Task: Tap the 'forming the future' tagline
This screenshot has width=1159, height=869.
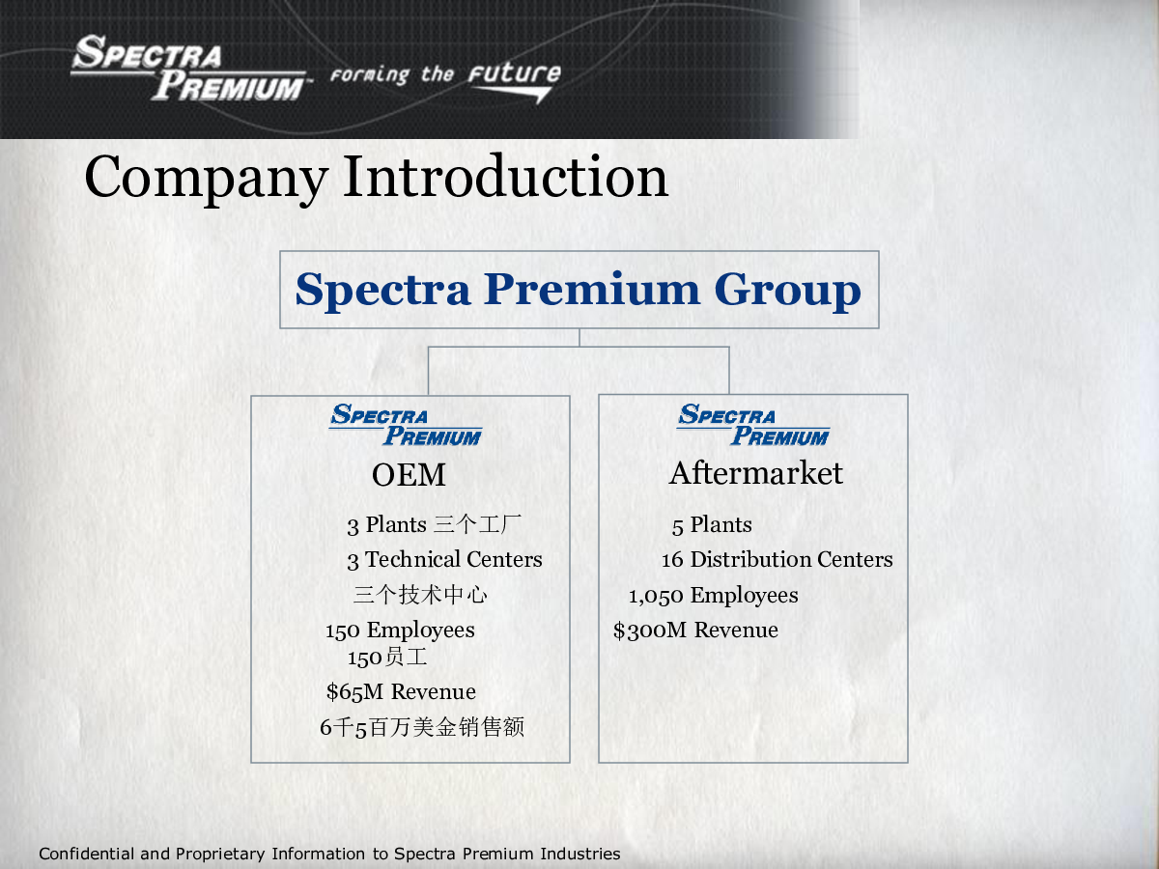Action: [x=445, y=80]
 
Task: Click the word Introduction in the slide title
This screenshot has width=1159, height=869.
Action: [x=506, y=178]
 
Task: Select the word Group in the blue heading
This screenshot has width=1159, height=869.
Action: [x=787, y=292]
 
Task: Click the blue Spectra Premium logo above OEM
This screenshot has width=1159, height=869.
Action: [x=406, y=425]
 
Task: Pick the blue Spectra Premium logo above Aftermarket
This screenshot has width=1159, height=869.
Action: [x=753, y=425]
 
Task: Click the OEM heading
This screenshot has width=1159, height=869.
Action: [x=409, y=475]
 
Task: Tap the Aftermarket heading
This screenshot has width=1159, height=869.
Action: [x=756, y=473]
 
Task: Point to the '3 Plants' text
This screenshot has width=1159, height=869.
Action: [x=386, y=525]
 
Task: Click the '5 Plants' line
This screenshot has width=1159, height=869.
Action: [x=712, y=525]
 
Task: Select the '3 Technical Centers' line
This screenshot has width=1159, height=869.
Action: [x=444, y=560]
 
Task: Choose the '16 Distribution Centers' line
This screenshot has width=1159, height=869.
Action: [x=777, y=560]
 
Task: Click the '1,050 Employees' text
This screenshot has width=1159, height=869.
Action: [x=714, y=596]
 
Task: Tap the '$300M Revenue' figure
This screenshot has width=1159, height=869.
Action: [x=695, y=631]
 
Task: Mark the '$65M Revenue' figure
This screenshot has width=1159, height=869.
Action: [x=401, y=692]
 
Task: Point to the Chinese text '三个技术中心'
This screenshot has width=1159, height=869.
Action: [x=420, y=595]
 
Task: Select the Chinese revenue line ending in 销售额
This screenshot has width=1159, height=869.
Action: [x=422, y=727]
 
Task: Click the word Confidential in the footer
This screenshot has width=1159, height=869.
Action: [x=87, y=854]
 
